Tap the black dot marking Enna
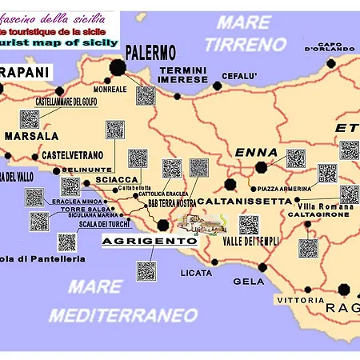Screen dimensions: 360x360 click(262, 167)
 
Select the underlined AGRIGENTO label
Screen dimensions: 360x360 click(150, 240)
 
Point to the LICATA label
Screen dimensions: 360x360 click(196, 273)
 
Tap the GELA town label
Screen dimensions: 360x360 click(247, 281)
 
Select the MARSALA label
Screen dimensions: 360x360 click(33, 136)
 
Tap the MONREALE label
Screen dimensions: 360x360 click(110, 89)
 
